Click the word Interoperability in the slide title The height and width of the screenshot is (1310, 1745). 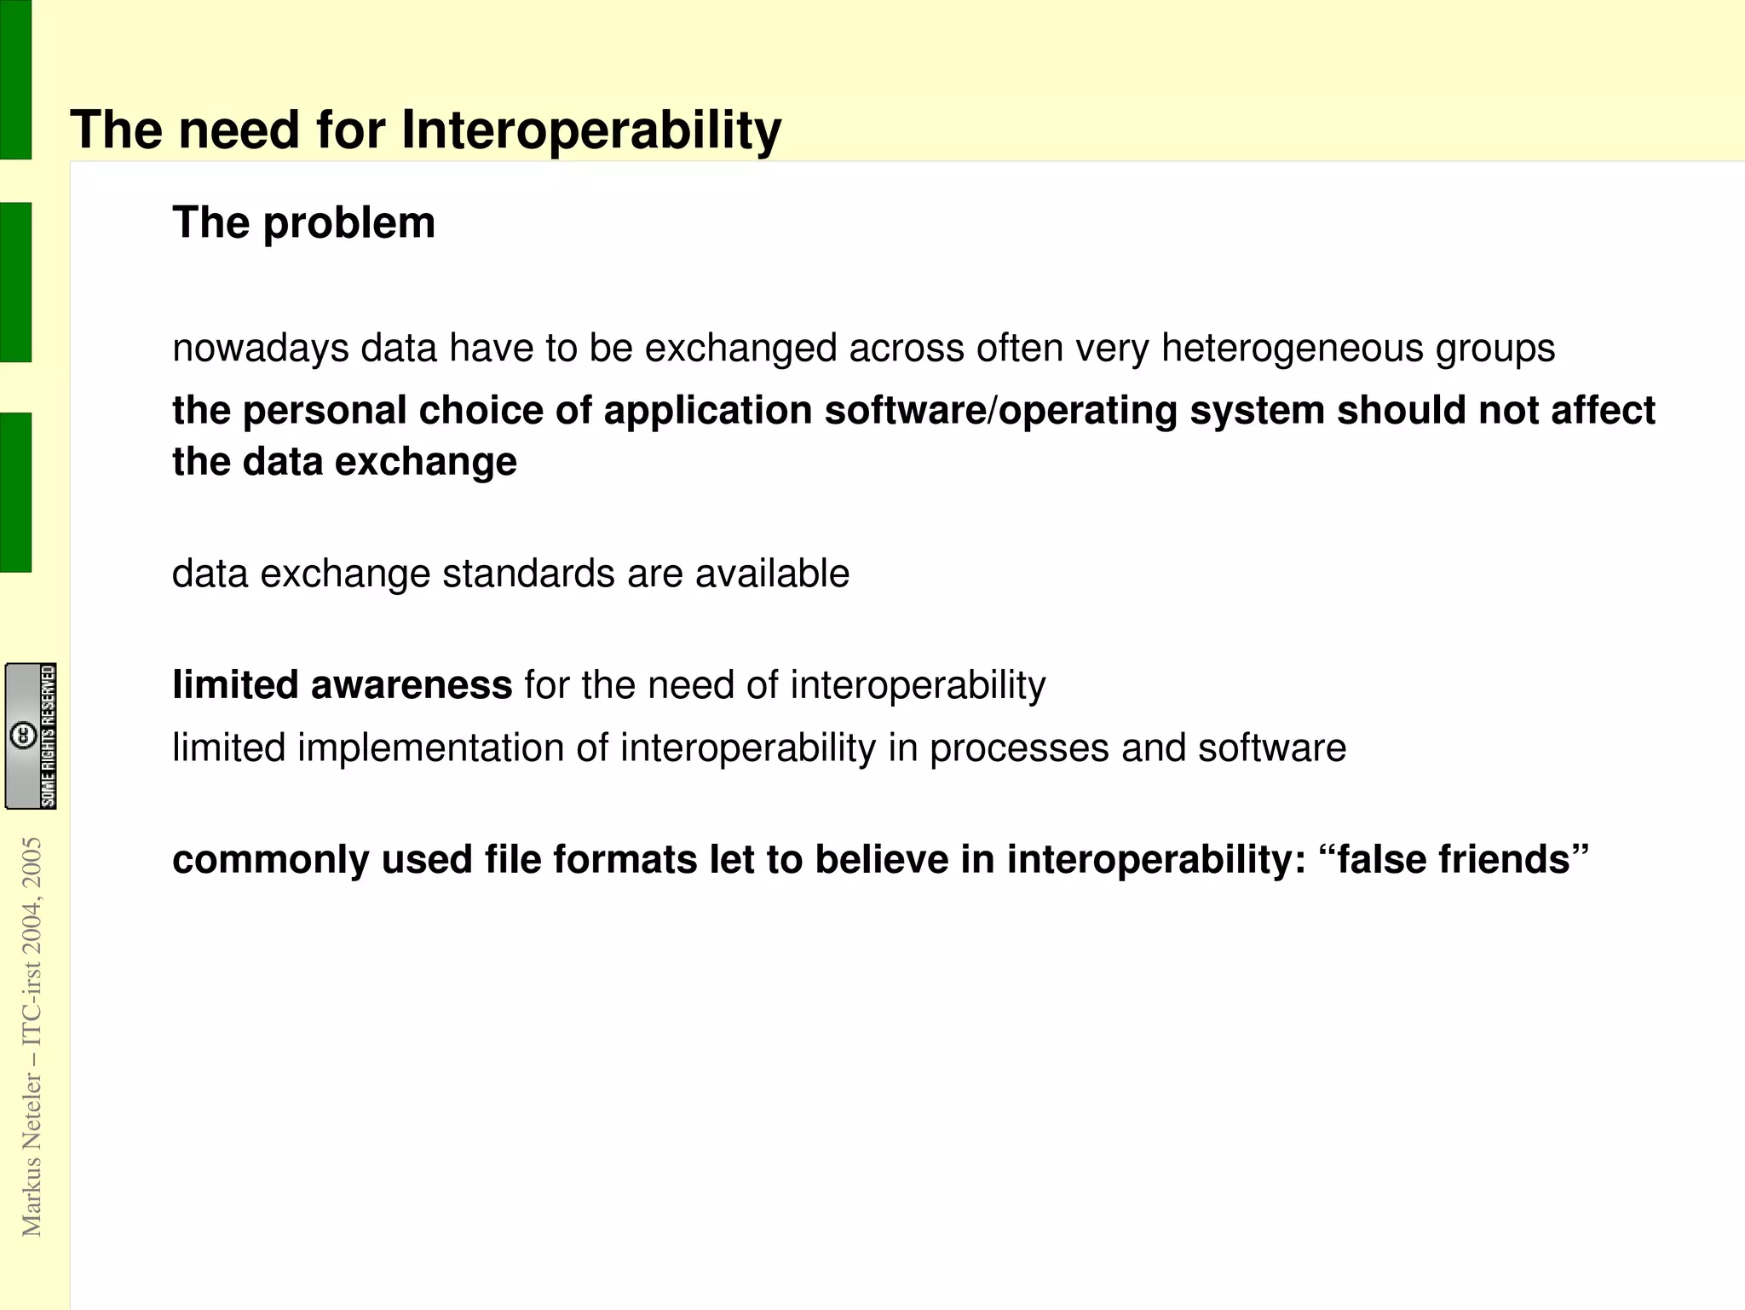(x=590, y=130)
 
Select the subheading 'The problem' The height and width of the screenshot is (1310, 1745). (x=303, y=223)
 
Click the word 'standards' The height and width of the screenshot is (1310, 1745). (x=528, y=574)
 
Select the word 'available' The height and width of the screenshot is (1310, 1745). (x=772, y=574)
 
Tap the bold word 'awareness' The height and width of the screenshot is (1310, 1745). (x=412, y=685)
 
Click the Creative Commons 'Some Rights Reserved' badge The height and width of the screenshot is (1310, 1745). (x=32, y=736)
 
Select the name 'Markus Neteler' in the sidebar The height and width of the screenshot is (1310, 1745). (x=32, y=1155)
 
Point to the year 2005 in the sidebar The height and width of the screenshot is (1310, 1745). (x=32, y=863)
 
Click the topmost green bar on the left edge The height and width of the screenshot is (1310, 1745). (x=15, y=79)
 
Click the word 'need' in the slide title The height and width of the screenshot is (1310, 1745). (x=239, y=130)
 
